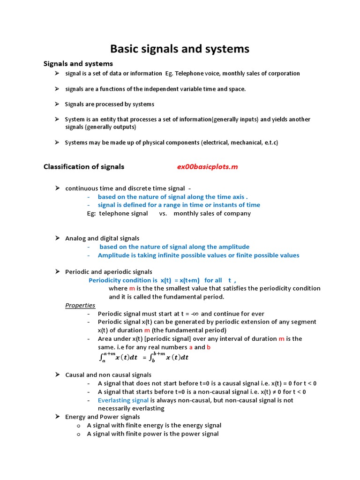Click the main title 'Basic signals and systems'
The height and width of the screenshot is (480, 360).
(x=180, y=49)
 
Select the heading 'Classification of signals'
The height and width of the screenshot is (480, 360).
(x=84, y=166)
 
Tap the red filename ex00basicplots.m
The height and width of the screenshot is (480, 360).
(x=207, y=167)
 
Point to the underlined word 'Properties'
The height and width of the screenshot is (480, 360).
(x=80, y=305)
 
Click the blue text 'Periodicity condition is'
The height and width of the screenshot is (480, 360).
(x=123, y=280)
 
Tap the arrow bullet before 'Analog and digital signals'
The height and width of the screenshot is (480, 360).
(x=57, y=238)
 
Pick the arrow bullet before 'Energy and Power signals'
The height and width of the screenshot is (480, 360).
(x=57, y=417)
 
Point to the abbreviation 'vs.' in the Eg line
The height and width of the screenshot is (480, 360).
(x=163, y=213)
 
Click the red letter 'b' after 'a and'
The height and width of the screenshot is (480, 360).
(x=209, y=347)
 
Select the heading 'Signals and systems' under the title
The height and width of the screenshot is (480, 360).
(x=78, y=63)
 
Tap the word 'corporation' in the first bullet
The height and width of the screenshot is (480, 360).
(x=283, y=74)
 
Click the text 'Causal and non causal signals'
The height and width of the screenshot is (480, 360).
(x=108, y=375)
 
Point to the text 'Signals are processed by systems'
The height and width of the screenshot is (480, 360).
(x=110, y=104)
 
